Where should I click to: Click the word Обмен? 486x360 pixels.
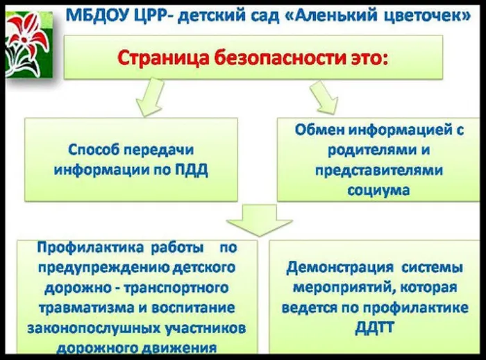[x=319, y=129]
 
